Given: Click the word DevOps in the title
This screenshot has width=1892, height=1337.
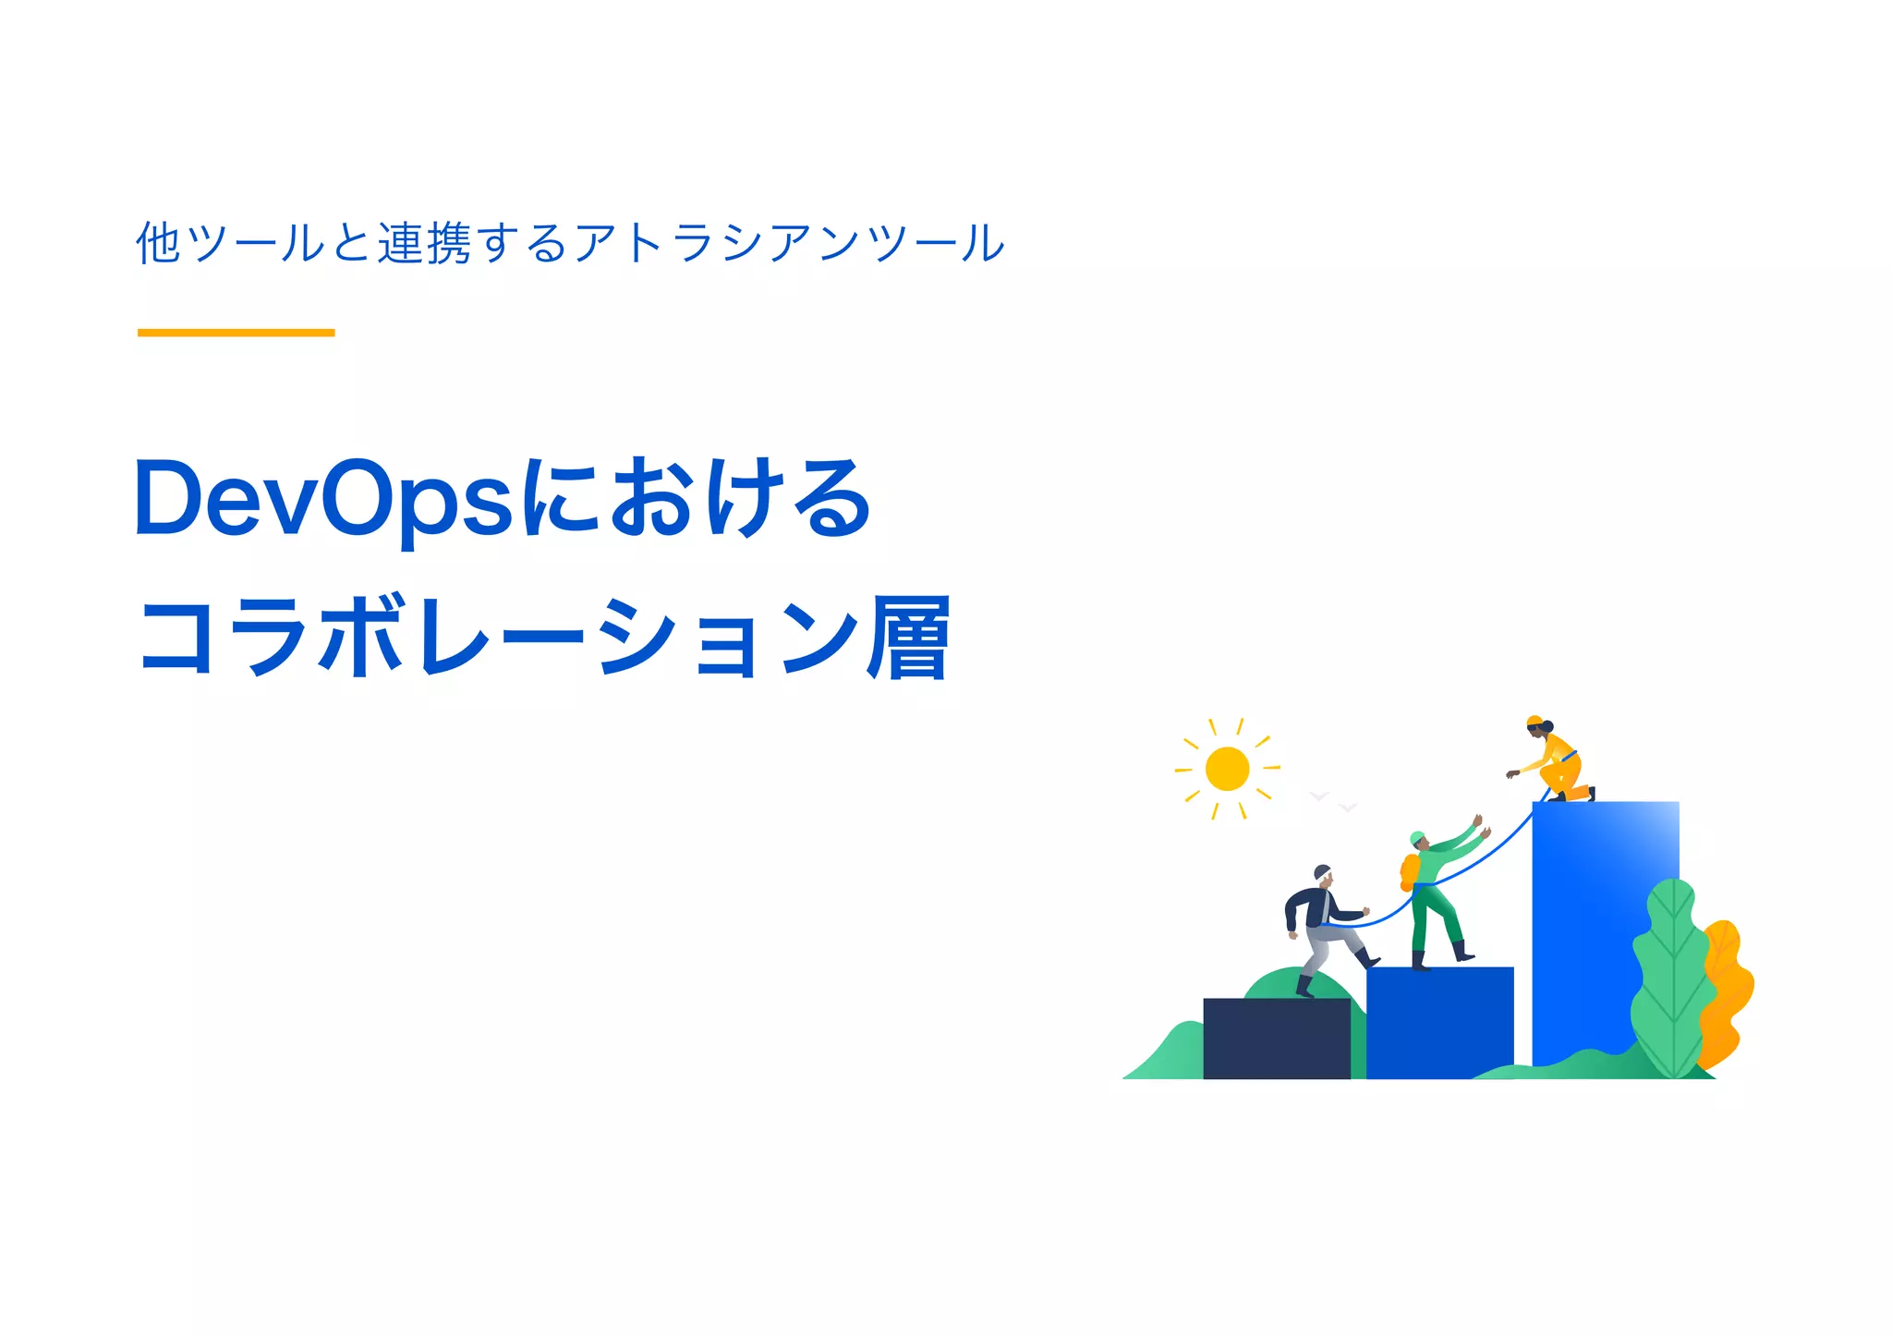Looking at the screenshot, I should pyautogui.click(x=323, y=500).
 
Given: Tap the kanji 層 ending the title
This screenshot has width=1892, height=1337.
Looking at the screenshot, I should pyautogui.click(x=907, y=638).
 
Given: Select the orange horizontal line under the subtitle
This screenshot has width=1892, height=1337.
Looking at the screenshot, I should pyautogui.click(x=236, y=333).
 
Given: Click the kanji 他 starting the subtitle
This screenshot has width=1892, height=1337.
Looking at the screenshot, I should pyautogui.click(x=158, y=243).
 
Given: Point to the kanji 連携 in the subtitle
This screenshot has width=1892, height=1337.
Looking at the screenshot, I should pyautogui.click(x=424, y=243).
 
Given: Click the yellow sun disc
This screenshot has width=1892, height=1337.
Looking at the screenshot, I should pyautogui.click(x=1227, y=769).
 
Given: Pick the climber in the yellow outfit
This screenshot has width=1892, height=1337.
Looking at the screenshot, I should pyautogui.click(x=1558, y=762).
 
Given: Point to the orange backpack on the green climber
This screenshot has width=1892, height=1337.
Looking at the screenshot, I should pyautogui.click(x=1409, y=871).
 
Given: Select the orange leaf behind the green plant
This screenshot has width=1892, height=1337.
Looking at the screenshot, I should pyautogui.click(x=1728, y=989).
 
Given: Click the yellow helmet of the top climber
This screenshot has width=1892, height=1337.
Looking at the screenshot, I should pyautogui.click(x=1534, y=721).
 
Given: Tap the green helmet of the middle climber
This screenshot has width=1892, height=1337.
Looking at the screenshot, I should pyautogui.click(x=1417, y=837).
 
